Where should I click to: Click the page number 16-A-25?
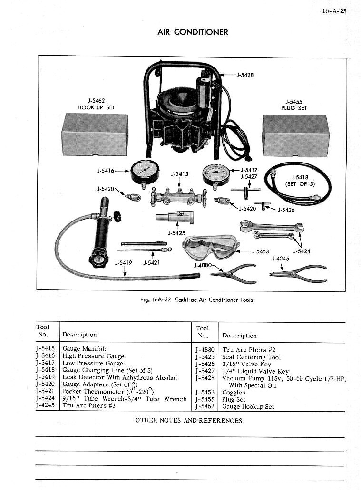pyautogui.click(x=334, y=11)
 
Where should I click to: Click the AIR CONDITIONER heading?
pyautogui.click(x=193, y=32)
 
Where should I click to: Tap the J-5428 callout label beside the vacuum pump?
pyautogui.click(x=244, y=75)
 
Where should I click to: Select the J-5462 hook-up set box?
pyautogui.click(x=95, y=135)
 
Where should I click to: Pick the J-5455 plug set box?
pyautogui.click(x=295, y=135)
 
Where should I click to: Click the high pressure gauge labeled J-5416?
pyautogui.click(x=145, y=172)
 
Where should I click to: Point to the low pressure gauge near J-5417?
pyautogui.click(x=215, y=174)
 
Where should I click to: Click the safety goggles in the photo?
pyautogui.click(x=210, y=247)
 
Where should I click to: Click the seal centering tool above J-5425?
pyautogui.click(x=176, y=217)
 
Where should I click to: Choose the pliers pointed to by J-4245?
pyautogui.click(x=298, y=273)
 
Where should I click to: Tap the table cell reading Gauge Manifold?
pyautogui.click(x=85, y=349)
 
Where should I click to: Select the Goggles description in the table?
pyautogui.click(x=234, y=393)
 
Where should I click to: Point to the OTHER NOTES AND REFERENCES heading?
pyautogui.click(x=188, y=420)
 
